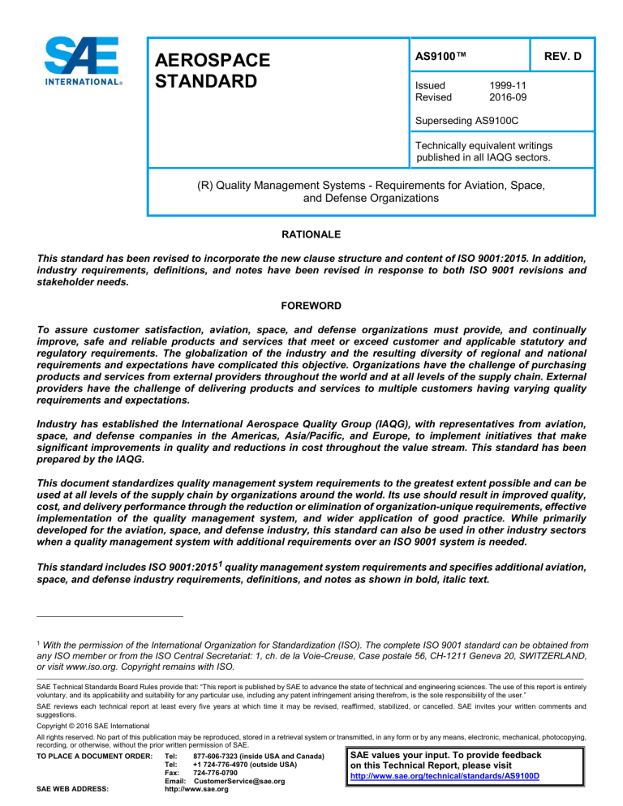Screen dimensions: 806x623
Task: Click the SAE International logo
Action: pos(84,62)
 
